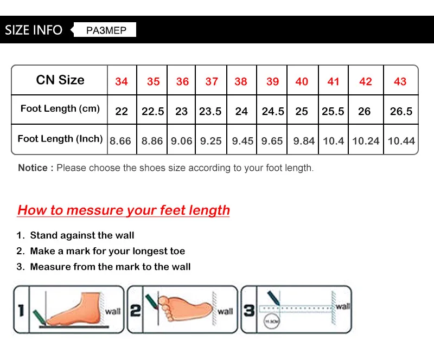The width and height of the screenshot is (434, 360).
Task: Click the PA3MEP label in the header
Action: click(106, 30)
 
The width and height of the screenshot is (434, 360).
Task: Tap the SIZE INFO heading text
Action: click(34, 30)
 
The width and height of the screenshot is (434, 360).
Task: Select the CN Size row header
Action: click(60, 80)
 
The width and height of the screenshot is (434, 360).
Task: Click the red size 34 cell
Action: click(122, 81)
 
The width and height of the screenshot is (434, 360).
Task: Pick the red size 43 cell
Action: click(400, 81)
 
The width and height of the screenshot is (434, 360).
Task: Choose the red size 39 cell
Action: click(272, 81)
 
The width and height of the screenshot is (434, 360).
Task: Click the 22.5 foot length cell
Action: click(153, 111)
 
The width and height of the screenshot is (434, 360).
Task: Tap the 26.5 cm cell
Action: click(401, 111)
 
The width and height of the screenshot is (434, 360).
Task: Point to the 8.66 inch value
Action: click(120, 141)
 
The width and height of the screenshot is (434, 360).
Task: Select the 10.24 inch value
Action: click(366, 141)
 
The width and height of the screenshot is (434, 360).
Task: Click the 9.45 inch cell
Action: click(242, 141)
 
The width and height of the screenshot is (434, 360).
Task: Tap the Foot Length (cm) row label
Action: click(60, 108)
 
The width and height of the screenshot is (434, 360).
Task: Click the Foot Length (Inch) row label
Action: click(60, 139)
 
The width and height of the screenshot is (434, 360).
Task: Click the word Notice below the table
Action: click(33, 168)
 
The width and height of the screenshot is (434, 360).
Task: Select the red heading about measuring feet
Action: click(124, 210)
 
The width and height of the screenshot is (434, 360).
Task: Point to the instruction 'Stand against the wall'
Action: click(82, 235)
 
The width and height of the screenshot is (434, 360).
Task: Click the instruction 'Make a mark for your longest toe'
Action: click(107, 251)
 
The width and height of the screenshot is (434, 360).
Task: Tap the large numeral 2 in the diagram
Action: click(136, 310)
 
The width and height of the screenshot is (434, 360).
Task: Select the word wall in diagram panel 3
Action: click(343, 306)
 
